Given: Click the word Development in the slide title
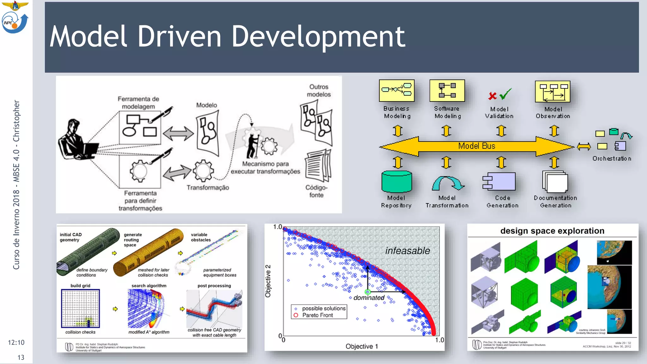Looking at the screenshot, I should click(318, 37).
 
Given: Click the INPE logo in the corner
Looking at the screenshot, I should click(15, 22).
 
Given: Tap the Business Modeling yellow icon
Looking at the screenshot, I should click(396, 90).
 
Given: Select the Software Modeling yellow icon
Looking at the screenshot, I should click(447, 90).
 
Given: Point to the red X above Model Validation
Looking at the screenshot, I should click(492, 95).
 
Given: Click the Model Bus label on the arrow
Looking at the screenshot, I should click(476, 146).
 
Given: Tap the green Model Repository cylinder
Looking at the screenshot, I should click(396, 182).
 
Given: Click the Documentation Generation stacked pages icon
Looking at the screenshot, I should click(555, 182).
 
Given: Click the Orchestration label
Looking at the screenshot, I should click(612, 159).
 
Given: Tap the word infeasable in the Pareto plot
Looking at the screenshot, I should click(408, 251).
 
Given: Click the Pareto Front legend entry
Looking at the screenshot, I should click(317, 315).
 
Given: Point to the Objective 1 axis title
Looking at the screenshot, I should click(361, 346).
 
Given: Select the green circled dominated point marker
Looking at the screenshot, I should click(367, 292).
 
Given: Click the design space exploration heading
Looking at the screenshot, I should click(552, 231).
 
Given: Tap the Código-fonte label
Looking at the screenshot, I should click(316, 191).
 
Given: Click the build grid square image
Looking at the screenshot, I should click(81, 308).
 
